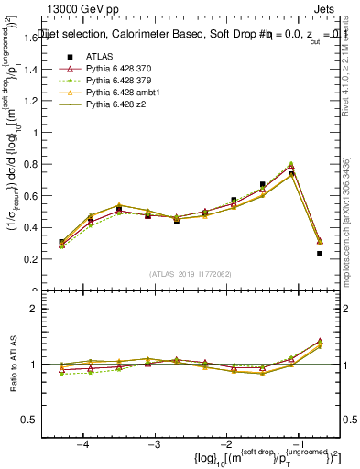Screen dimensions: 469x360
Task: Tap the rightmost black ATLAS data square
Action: pyautogui.click(x=320, y=254)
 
